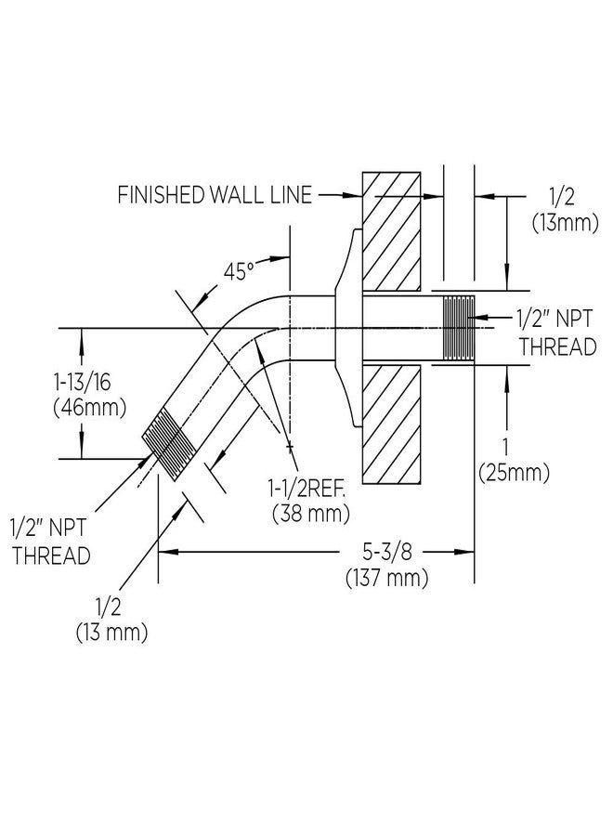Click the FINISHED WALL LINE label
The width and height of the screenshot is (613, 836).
[215, 195]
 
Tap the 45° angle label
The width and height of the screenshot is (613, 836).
[239, 272]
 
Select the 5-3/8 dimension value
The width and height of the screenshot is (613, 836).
[387, 553]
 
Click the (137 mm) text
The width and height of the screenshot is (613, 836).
[387, 578]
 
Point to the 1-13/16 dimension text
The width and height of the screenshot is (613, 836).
[82, 383]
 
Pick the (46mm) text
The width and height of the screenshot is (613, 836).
[90, 408]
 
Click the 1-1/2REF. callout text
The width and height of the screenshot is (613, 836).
[306, 488]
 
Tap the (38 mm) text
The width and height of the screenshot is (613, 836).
[311, 514]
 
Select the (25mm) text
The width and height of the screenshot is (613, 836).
[514, 473]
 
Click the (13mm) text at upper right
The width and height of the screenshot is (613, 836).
[566, 222]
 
